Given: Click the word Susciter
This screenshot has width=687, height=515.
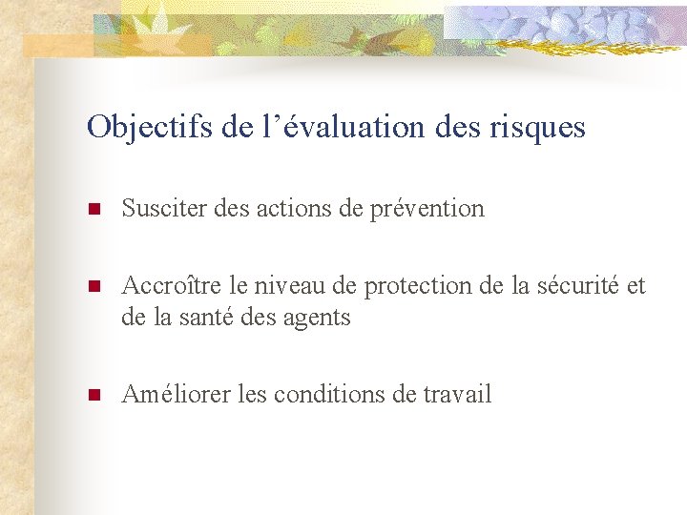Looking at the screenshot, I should click(x=159, y=208).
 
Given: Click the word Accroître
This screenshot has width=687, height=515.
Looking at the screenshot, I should click(x=164, y=286).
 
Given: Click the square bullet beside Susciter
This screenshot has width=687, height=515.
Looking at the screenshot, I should click(x=94, y=209).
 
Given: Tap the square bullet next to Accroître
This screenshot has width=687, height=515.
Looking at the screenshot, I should click(x=94, y=287).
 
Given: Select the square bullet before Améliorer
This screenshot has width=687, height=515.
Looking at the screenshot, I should click(x=94, y=396).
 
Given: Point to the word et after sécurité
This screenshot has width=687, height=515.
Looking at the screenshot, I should click(x=635, y=286).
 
